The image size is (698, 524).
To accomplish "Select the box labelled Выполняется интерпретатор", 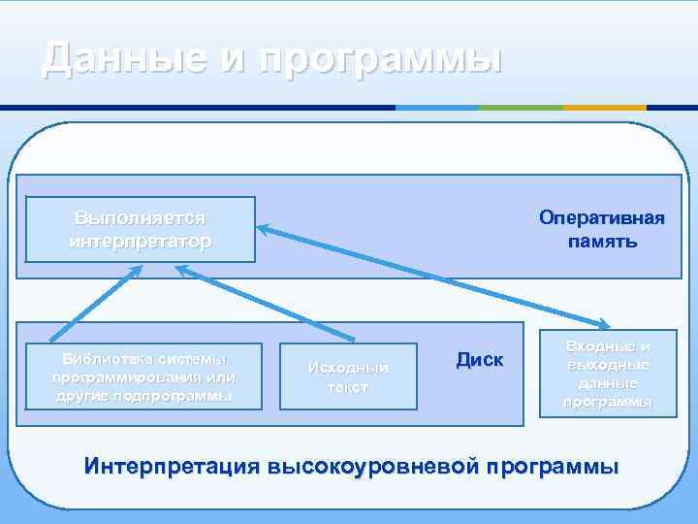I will click(141, 230).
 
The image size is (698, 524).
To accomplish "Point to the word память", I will click(602, 240).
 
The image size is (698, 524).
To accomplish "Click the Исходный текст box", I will click(348, 377).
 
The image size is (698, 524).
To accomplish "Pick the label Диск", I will click(479, 360).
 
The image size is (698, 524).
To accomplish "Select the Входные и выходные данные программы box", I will click(608, 375).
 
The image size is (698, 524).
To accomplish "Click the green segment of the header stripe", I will click(522, 107).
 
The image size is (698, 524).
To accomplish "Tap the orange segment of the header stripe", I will click(605, 107).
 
